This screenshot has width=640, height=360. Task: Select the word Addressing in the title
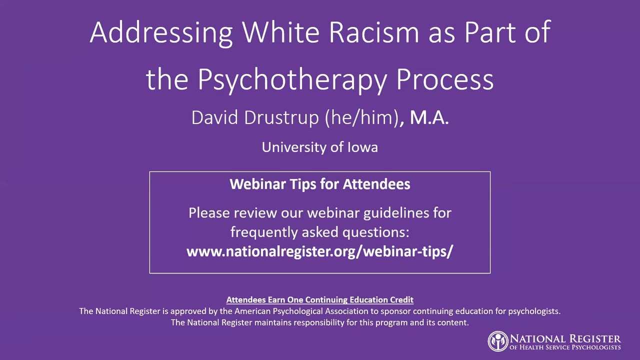pyautogui.click(x=161, y=33)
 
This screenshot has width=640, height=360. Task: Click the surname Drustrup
pyautogui.click(x=281, y=117)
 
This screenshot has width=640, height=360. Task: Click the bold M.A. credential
pyautogui.click(x=429, y=117)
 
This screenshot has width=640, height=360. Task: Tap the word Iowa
pyautogui.click(x=362, y=147)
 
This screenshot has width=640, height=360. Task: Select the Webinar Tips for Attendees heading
pyautogui.click(x=320, y=184)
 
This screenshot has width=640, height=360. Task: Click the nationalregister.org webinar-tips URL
pyautogui.click(x=319, y=251)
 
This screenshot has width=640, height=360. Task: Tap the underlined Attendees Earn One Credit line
pyautogui.click(x=319, y=299)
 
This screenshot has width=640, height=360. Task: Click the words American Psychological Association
pyautogui.click(x=301, y=311)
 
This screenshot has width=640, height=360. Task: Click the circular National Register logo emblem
pyautogui.click(x=498, y=341)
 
